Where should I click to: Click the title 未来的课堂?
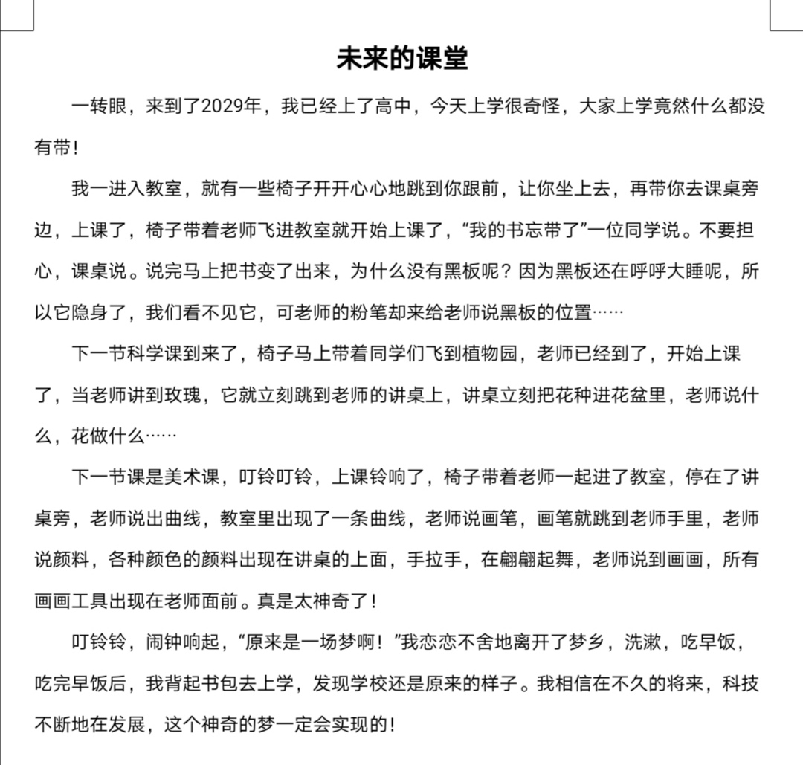pos(401,59)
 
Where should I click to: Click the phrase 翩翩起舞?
pos(527,559)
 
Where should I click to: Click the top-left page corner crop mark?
pos(17,16)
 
